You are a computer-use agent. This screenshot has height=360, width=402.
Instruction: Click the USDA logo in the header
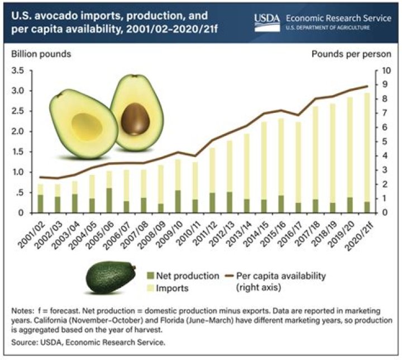click(266, 19)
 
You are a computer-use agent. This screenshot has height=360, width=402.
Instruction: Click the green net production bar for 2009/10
click(178, 202)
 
